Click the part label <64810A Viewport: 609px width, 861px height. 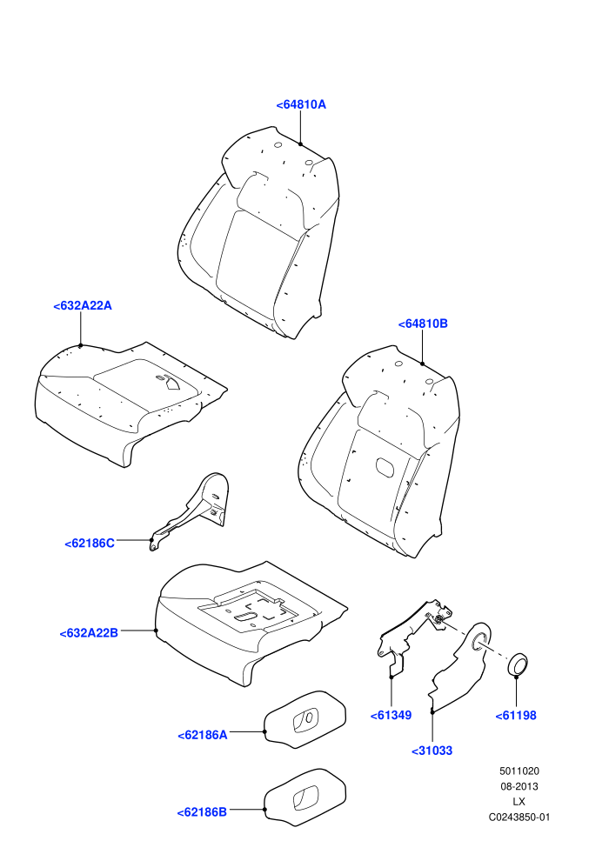pyautogui.click(x=301, y=104)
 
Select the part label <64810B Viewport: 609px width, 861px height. pyautogui.click(x=423, y=324)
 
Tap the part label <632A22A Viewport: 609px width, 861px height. pyautogui.click(x=83, y=306)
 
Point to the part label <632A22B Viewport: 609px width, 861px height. pyautogui.click(x=89, y=633)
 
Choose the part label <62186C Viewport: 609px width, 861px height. pyautogui.click(x=90, y=543)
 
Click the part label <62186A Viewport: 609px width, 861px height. pyautogui.click(x=202, y=735)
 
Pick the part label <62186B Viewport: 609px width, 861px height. pyautogui.click(x=202, y=812)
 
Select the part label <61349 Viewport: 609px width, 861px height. pyautogui.click(x=391, y=715)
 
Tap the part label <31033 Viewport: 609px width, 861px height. pyautogui.click(x=432, y=751)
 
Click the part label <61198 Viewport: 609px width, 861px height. pyautogui.click(x=516, y=716)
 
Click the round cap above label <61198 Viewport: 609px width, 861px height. pyautogui.click(x=517, y=664)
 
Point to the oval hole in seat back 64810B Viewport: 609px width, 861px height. pyautogui.click(x=385, y=467)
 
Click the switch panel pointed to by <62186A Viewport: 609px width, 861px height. pyautogui.click(x=305, y=719)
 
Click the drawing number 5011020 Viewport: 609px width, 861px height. pyautogui.click(x=519, y=771)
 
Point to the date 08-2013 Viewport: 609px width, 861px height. pyautogui.click(x=519, y=786)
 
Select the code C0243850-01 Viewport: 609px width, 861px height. pyautogui.click(x=519, y=817)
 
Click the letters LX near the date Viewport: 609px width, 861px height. pyautogui.click(x=519, y=802)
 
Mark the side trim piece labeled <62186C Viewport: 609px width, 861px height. pyautogui.click(x=193, y=510)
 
